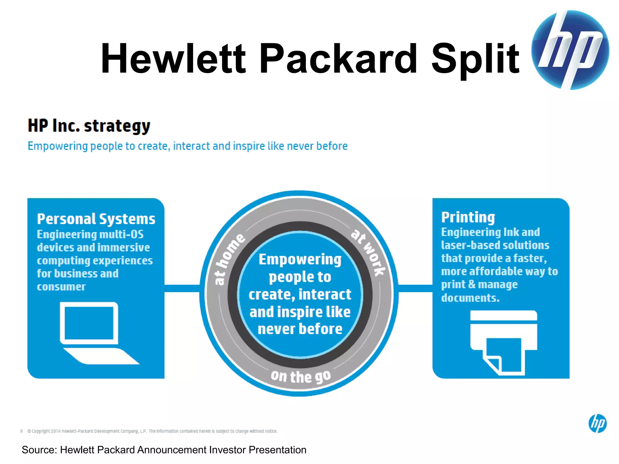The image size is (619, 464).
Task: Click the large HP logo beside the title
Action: tap(570, 50)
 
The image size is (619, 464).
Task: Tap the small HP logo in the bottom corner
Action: tap(597, 423)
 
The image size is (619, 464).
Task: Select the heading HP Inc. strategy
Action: tap(89, 126)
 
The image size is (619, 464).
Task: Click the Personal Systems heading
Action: tap(96, 219)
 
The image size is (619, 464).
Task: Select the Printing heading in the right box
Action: tap(468, 217)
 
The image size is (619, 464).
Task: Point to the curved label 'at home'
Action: tap(229, 259)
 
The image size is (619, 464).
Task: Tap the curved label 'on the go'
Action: tap(301, 377)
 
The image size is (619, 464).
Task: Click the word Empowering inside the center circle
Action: tap(300, 259)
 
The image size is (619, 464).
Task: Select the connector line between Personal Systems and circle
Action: tap(182, 288)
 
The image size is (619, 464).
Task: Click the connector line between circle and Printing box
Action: tap(415, 288)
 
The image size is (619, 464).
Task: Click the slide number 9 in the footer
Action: tap(21, 431)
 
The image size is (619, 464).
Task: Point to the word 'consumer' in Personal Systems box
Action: tap(61, 286)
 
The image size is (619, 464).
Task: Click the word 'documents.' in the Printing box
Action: tap(470, 298)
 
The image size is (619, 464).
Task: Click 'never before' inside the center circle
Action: tap(300, 329)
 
